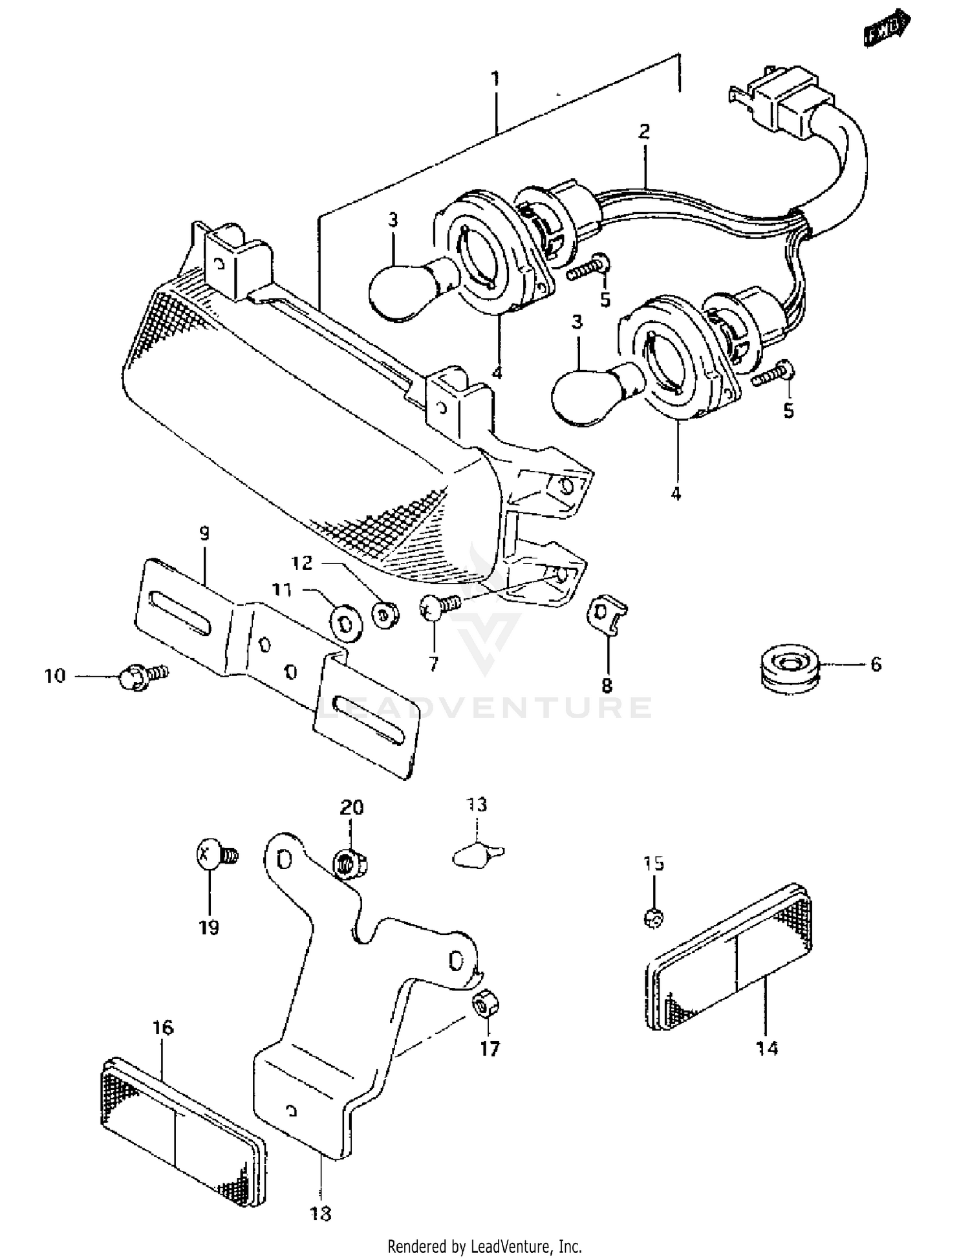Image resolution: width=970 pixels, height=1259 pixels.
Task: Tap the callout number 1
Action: (x=495, y=80)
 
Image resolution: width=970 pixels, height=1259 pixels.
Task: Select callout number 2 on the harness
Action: (x=643, y=132)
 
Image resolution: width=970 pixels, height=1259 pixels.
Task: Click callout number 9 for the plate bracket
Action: (x=204, y=534)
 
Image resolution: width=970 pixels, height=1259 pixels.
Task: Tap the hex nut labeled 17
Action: (x=486, y=1005)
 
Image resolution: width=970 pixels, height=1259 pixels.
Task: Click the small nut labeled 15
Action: (x=654, y=917)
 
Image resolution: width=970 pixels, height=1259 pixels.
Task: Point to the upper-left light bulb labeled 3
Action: (x=404, y=288)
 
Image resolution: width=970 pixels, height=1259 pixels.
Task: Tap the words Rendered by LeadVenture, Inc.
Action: (x=484, y=1246)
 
